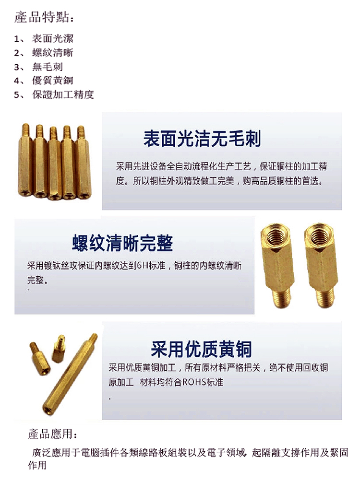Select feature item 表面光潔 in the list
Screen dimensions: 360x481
(x=52, y=39)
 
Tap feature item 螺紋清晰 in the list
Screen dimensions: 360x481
(x=52, y=53)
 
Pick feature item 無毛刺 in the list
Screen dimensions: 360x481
(x=48, y=67)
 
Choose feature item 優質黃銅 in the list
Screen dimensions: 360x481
(x=52, y=81)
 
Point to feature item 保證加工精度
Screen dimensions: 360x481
(x=63, y=94)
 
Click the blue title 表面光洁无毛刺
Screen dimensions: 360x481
(x=202, y=138)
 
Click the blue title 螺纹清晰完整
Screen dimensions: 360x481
(x=122, y=244)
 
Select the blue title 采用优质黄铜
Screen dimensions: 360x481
(x=201, y=349)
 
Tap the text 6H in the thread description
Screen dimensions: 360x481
(x=143, y=266)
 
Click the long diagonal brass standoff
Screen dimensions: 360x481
(x=70, y=373)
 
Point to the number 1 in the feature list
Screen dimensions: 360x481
(x=17, y=39)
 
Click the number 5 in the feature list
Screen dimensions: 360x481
(x=17, y=95)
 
